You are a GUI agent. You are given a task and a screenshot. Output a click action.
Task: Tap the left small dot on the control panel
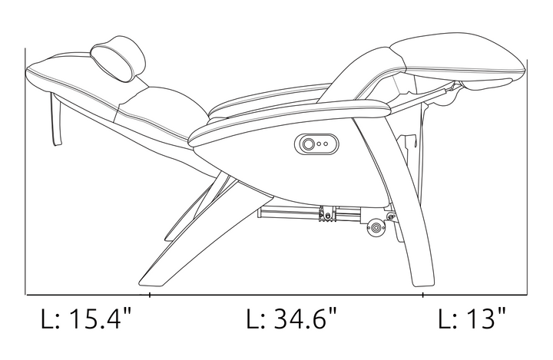pos(320,144)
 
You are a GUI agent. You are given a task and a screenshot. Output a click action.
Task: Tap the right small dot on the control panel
pos(326,144)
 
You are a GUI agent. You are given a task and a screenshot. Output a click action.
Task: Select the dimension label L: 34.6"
pos(292,319)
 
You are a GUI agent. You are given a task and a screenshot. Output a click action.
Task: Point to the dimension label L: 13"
pos(472,319)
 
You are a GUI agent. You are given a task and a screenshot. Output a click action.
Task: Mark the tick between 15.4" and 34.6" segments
pos(150,295)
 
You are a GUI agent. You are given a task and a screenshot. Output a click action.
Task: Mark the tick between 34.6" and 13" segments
pos(422,295)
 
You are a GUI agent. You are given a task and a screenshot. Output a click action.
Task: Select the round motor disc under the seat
pos(375,228)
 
